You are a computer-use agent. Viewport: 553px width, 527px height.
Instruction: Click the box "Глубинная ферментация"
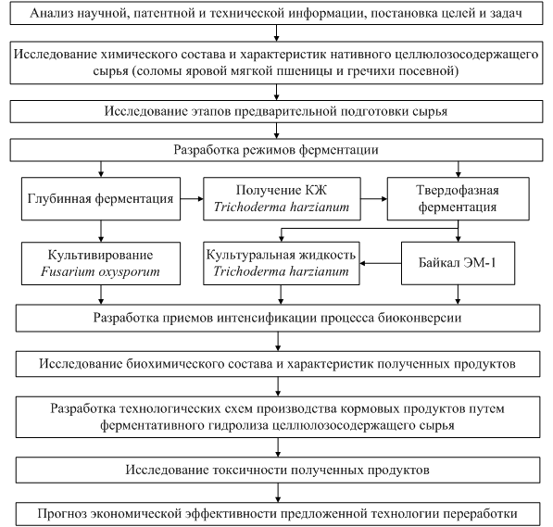click(101, 199)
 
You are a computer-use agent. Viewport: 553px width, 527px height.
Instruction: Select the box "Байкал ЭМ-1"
click(458, 263)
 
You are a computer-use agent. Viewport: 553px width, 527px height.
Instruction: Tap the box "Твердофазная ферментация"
click(459, 199)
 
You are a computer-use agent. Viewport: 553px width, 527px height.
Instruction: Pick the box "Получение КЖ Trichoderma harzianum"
click(282, 199)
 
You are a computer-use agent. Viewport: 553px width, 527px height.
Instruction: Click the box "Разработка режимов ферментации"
click(276, 150)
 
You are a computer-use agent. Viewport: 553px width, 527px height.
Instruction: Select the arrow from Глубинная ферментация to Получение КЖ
click(192, 199)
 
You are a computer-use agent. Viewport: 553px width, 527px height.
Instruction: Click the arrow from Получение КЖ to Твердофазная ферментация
click(374, 199)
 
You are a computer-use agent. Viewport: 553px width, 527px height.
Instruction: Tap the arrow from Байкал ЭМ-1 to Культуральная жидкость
click(381, 263)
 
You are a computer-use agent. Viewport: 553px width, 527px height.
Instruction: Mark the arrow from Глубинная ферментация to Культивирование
click(101, 232)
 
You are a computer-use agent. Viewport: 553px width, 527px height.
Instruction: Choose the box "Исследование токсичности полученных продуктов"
click(278, 471)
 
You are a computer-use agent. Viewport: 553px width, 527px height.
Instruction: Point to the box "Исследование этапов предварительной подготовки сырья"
click(276, 111)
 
